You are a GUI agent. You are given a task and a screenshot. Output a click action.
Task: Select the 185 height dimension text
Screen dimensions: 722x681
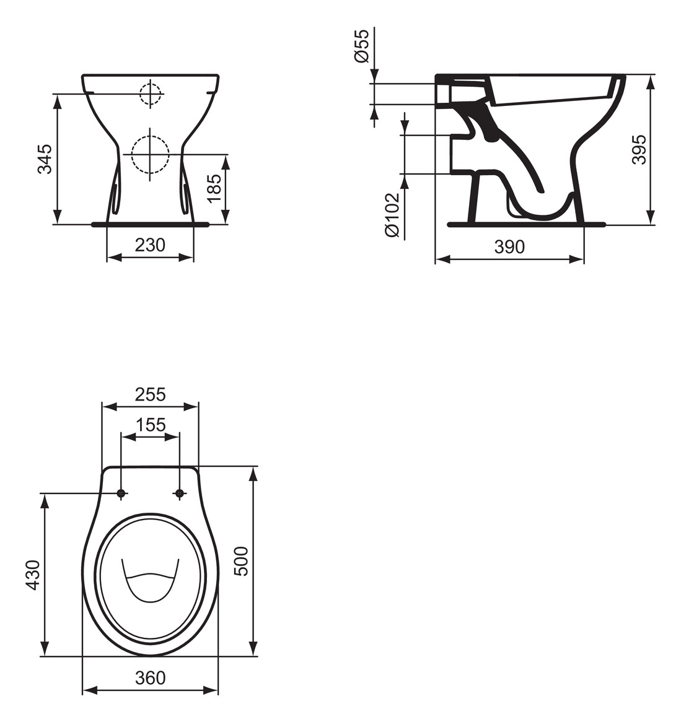213,188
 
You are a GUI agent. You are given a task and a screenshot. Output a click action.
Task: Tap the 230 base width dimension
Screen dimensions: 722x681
150,245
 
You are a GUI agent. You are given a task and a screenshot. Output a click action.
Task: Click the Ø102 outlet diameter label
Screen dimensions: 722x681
392,214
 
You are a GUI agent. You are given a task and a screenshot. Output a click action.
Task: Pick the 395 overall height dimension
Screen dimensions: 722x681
639,149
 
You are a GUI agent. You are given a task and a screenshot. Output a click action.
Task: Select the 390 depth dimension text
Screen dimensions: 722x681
509,246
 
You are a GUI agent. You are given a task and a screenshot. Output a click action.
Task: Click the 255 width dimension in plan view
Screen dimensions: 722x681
150,394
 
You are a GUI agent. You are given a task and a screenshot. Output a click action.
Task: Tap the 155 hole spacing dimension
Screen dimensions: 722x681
150,425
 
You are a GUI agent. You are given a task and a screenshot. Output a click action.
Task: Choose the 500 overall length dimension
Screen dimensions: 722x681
240,561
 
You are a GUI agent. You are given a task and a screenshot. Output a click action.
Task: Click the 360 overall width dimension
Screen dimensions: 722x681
150,678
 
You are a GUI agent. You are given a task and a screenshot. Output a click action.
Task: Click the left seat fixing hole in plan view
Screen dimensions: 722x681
121,494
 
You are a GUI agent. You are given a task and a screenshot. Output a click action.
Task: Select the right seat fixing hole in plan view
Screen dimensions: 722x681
180,494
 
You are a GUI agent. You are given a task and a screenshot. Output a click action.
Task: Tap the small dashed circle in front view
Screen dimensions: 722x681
150,94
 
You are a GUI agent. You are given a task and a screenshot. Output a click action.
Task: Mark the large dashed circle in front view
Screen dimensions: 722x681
150,154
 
